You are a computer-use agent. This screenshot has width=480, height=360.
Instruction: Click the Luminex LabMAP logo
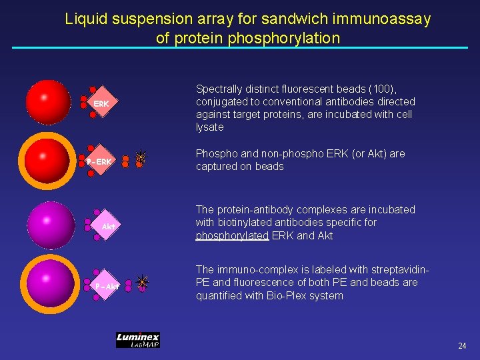[137, 340]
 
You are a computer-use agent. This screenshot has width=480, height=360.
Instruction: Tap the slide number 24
[462, 346]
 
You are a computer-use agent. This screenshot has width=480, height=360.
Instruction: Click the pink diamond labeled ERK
[101, 104]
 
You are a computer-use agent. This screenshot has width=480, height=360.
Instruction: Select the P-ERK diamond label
[101, 162]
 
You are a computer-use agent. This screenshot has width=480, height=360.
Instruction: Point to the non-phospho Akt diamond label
[108, 227]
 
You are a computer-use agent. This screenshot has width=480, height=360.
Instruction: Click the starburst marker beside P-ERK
[141, 157]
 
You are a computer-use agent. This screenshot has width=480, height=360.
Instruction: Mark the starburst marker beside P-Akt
[141, 283]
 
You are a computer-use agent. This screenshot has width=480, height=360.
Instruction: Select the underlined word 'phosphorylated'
[231, 235]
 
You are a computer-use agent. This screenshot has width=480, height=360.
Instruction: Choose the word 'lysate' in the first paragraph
[209, 127]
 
